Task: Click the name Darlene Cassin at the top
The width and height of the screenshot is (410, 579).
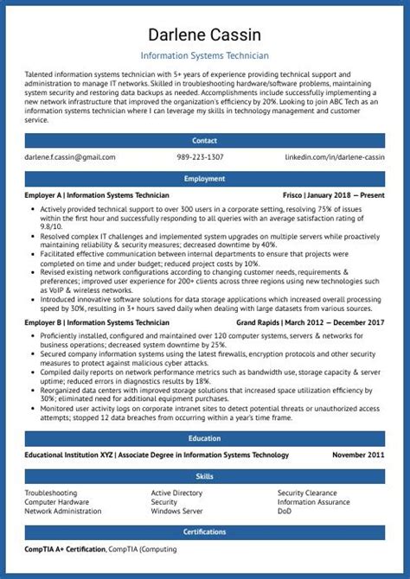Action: coord(205,35)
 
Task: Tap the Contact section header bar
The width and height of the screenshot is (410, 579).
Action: coord(205,139)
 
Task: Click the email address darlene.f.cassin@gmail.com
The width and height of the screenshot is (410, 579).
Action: coord(70,157)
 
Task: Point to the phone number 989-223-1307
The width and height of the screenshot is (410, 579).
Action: coord(200,157)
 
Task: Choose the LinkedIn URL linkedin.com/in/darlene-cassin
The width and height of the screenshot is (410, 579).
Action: coord(335,157)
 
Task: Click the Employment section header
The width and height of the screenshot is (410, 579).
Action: coord(205,178)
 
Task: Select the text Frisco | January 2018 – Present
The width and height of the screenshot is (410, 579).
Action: coord(333,196)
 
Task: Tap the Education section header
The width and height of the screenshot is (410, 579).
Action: coord(205,438)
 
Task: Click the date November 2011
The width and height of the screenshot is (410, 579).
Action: coord(358,455)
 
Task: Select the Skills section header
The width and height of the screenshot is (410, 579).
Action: coord(205,476)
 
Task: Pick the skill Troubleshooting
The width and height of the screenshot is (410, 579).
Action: coord(51,493)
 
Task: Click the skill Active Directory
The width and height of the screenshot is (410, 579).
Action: coord(177,493)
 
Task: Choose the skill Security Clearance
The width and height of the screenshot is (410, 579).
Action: coord(309,493)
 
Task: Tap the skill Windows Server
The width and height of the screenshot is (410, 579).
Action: coord(177,511)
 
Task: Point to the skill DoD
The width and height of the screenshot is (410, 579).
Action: coord(285,511)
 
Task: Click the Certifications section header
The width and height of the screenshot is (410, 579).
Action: coord(205,531)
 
